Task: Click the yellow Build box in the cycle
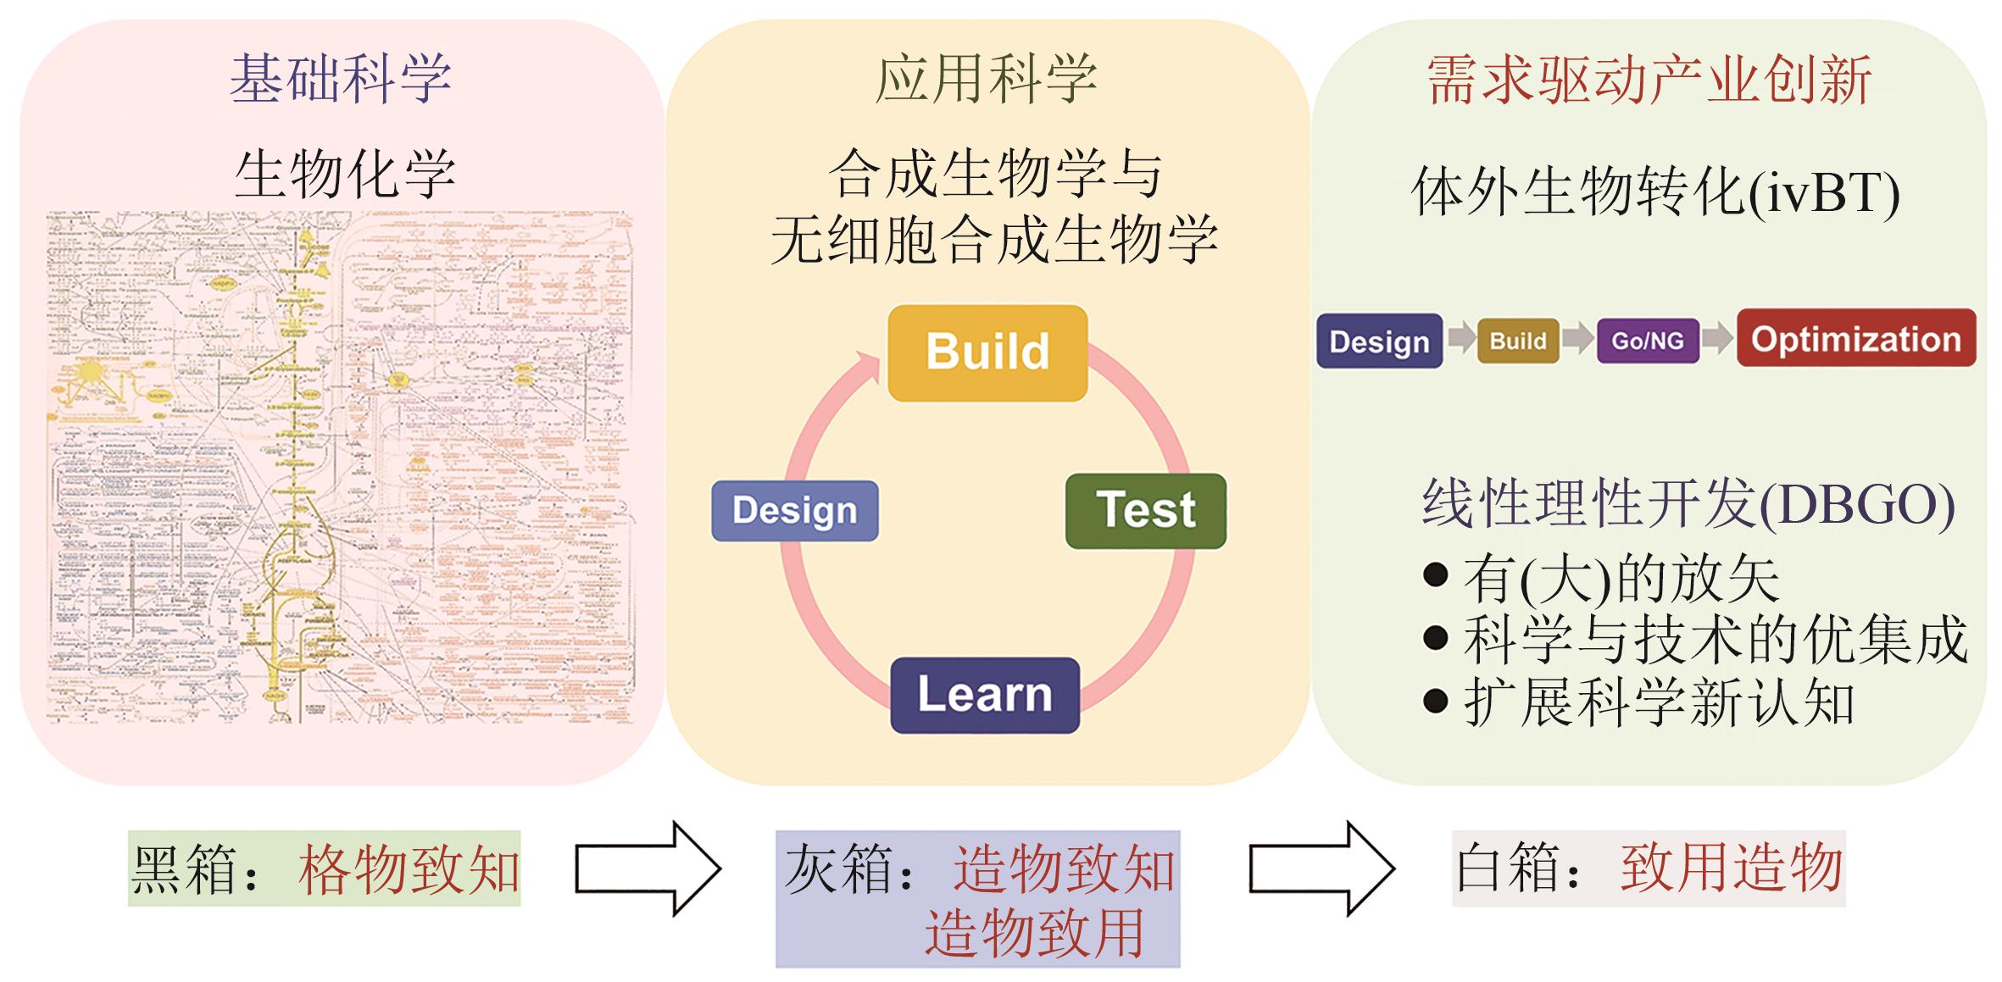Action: point(987,352)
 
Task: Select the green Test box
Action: point(1145,511)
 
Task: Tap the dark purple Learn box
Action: point(984,695)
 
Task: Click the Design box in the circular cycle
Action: point(795,511)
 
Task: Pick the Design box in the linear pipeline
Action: point(1379,341)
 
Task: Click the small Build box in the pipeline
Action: point(1518,341)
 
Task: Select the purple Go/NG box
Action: point(1648,341)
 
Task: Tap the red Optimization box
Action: point(1856,339)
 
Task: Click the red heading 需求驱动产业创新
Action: point(1649,81)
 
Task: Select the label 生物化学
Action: point(345,175)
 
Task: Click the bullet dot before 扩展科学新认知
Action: point(1435,701)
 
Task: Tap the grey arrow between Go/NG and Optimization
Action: point(1717,339)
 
